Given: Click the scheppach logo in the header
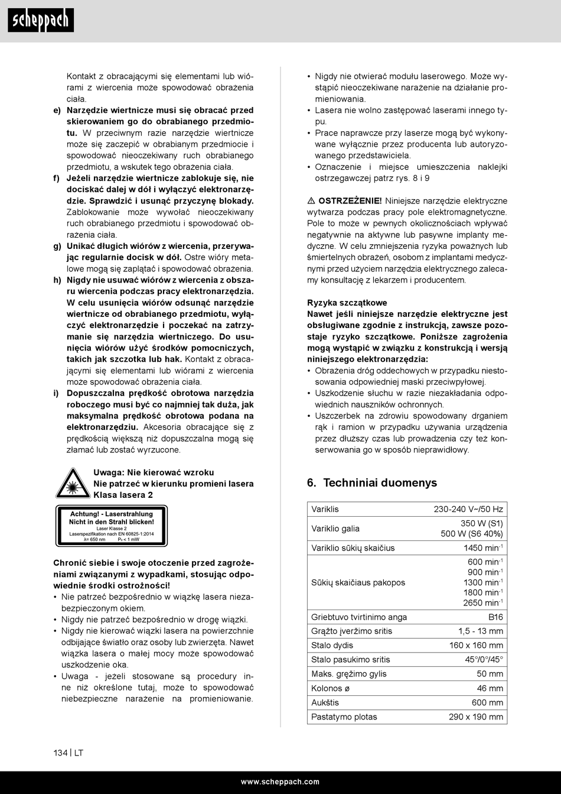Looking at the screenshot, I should (x=41, y=21).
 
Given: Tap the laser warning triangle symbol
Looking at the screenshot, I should (x=73, y=483).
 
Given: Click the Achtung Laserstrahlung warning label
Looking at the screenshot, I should (x=112, y=526).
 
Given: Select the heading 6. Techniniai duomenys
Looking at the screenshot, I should (x=372, y=482).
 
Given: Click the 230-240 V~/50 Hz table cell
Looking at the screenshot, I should (x=468, y=509).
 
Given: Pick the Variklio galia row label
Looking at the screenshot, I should (x=335, y=529).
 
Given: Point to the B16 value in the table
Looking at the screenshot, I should (x=495, y=617).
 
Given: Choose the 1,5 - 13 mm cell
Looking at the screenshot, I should (x=481, y=631).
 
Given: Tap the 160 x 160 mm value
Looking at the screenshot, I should (x=476, y=645).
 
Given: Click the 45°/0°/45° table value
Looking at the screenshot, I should (x=484, y=659).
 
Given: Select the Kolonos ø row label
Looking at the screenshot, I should (x=331, y=688).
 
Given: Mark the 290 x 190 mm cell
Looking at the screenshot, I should (x=476, y=717).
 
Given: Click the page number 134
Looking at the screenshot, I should (x=60, y=753).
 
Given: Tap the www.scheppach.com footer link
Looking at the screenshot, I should (x=280, y=782).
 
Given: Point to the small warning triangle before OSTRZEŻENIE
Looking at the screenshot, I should (x=311, y=201).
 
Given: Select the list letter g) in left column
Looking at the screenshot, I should (x=57, y=246).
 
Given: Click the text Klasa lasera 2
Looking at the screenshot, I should (x=123, y=495).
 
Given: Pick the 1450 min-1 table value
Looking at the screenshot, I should (x=483, y=548).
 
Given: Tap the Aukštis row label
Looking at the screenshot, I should (x=325, y=702).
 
